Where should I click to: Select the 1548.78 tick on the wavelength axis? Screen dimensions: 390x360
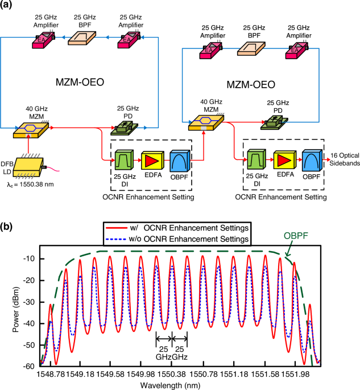point(51,373)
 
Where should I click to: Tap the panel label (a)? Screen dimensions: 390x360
point(9,7)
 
